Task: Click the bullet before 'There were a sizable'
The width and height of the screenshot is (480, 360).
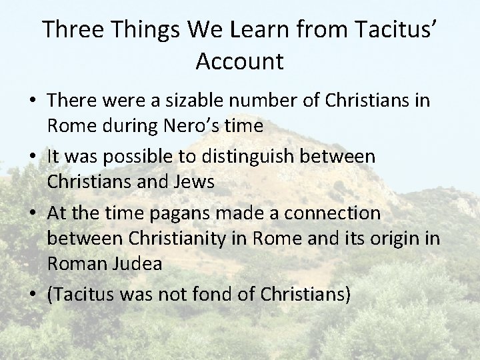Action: pyautogui.click(x=32, y=101)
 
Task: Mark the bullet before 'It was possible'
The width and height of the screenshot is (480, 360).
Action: pyautogui.click(x=32, y=157)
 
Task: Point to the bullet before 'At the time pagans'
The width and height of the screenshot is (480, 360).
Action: pyautogui.click(x=32, y=213)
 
